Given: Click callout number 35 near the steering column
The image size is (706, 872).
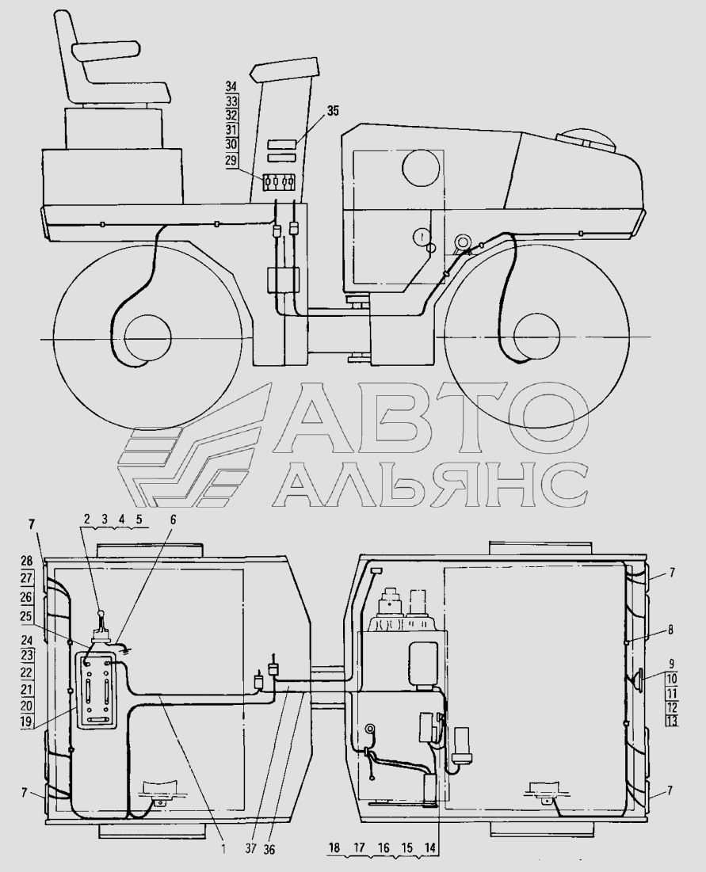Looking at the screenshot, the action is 332,111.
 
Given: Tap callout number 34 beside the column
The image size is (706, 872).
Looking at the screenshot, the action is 231,86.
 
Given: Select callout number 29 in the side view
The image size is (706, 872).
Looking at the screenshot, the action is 231,160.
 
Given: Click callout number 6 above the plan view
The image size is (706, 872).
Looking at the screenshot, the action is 173,520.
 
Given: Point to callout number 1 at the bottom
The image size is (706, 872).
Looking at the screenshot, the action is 223,849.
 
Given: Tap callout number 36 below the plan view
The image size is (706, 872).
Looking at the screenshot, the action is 269,849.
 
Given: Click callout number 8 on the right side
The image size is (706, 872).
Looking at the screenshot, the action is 670,630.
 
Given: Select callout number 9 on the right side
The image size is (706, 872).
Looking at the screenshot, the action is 671,664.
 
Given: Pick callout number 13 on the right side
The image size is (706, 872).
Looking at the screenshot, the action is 672,722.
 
